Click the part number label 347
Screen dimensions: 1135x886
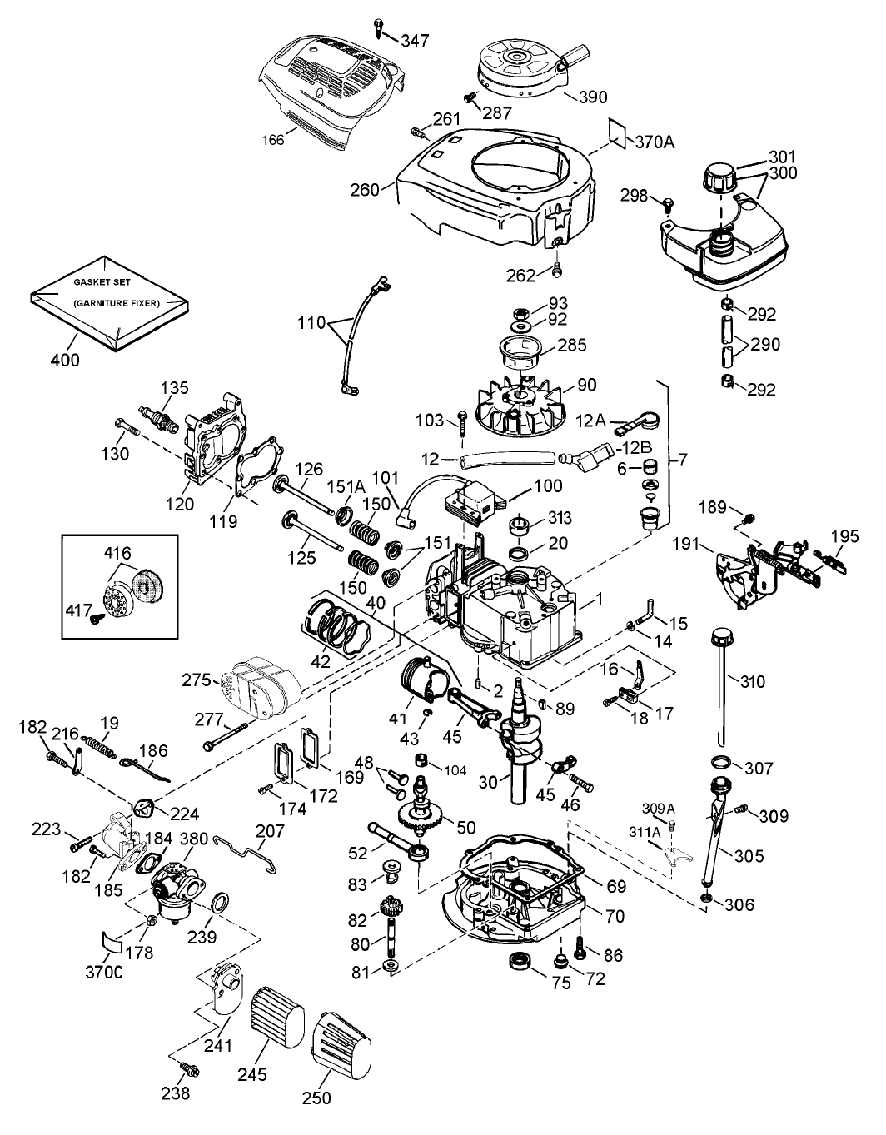pyautogui.click(x=417, y=40)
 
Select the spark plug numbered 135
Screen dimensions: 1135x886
pyautogui.click(x=160, y=415)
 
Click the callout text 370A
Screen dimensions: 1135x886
pyautogui.click(x=655, y=142)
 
